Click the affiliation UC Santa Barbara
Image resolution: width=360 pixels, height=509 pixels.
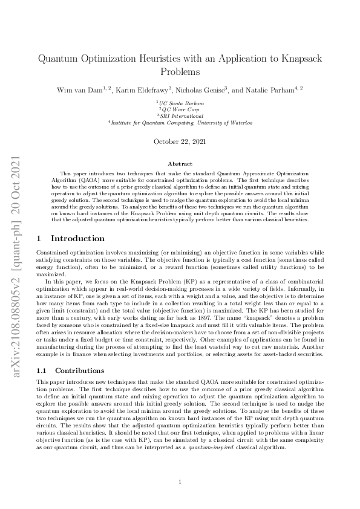tap(181, 104)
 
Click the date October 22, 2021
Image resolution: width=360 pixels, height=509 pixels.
tap(180, 142)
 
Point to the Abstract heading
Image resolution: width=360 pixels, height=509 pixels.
tap(180, 164)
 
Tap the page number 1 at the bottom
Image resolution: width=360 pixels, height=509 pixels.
tap(180, 481)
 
